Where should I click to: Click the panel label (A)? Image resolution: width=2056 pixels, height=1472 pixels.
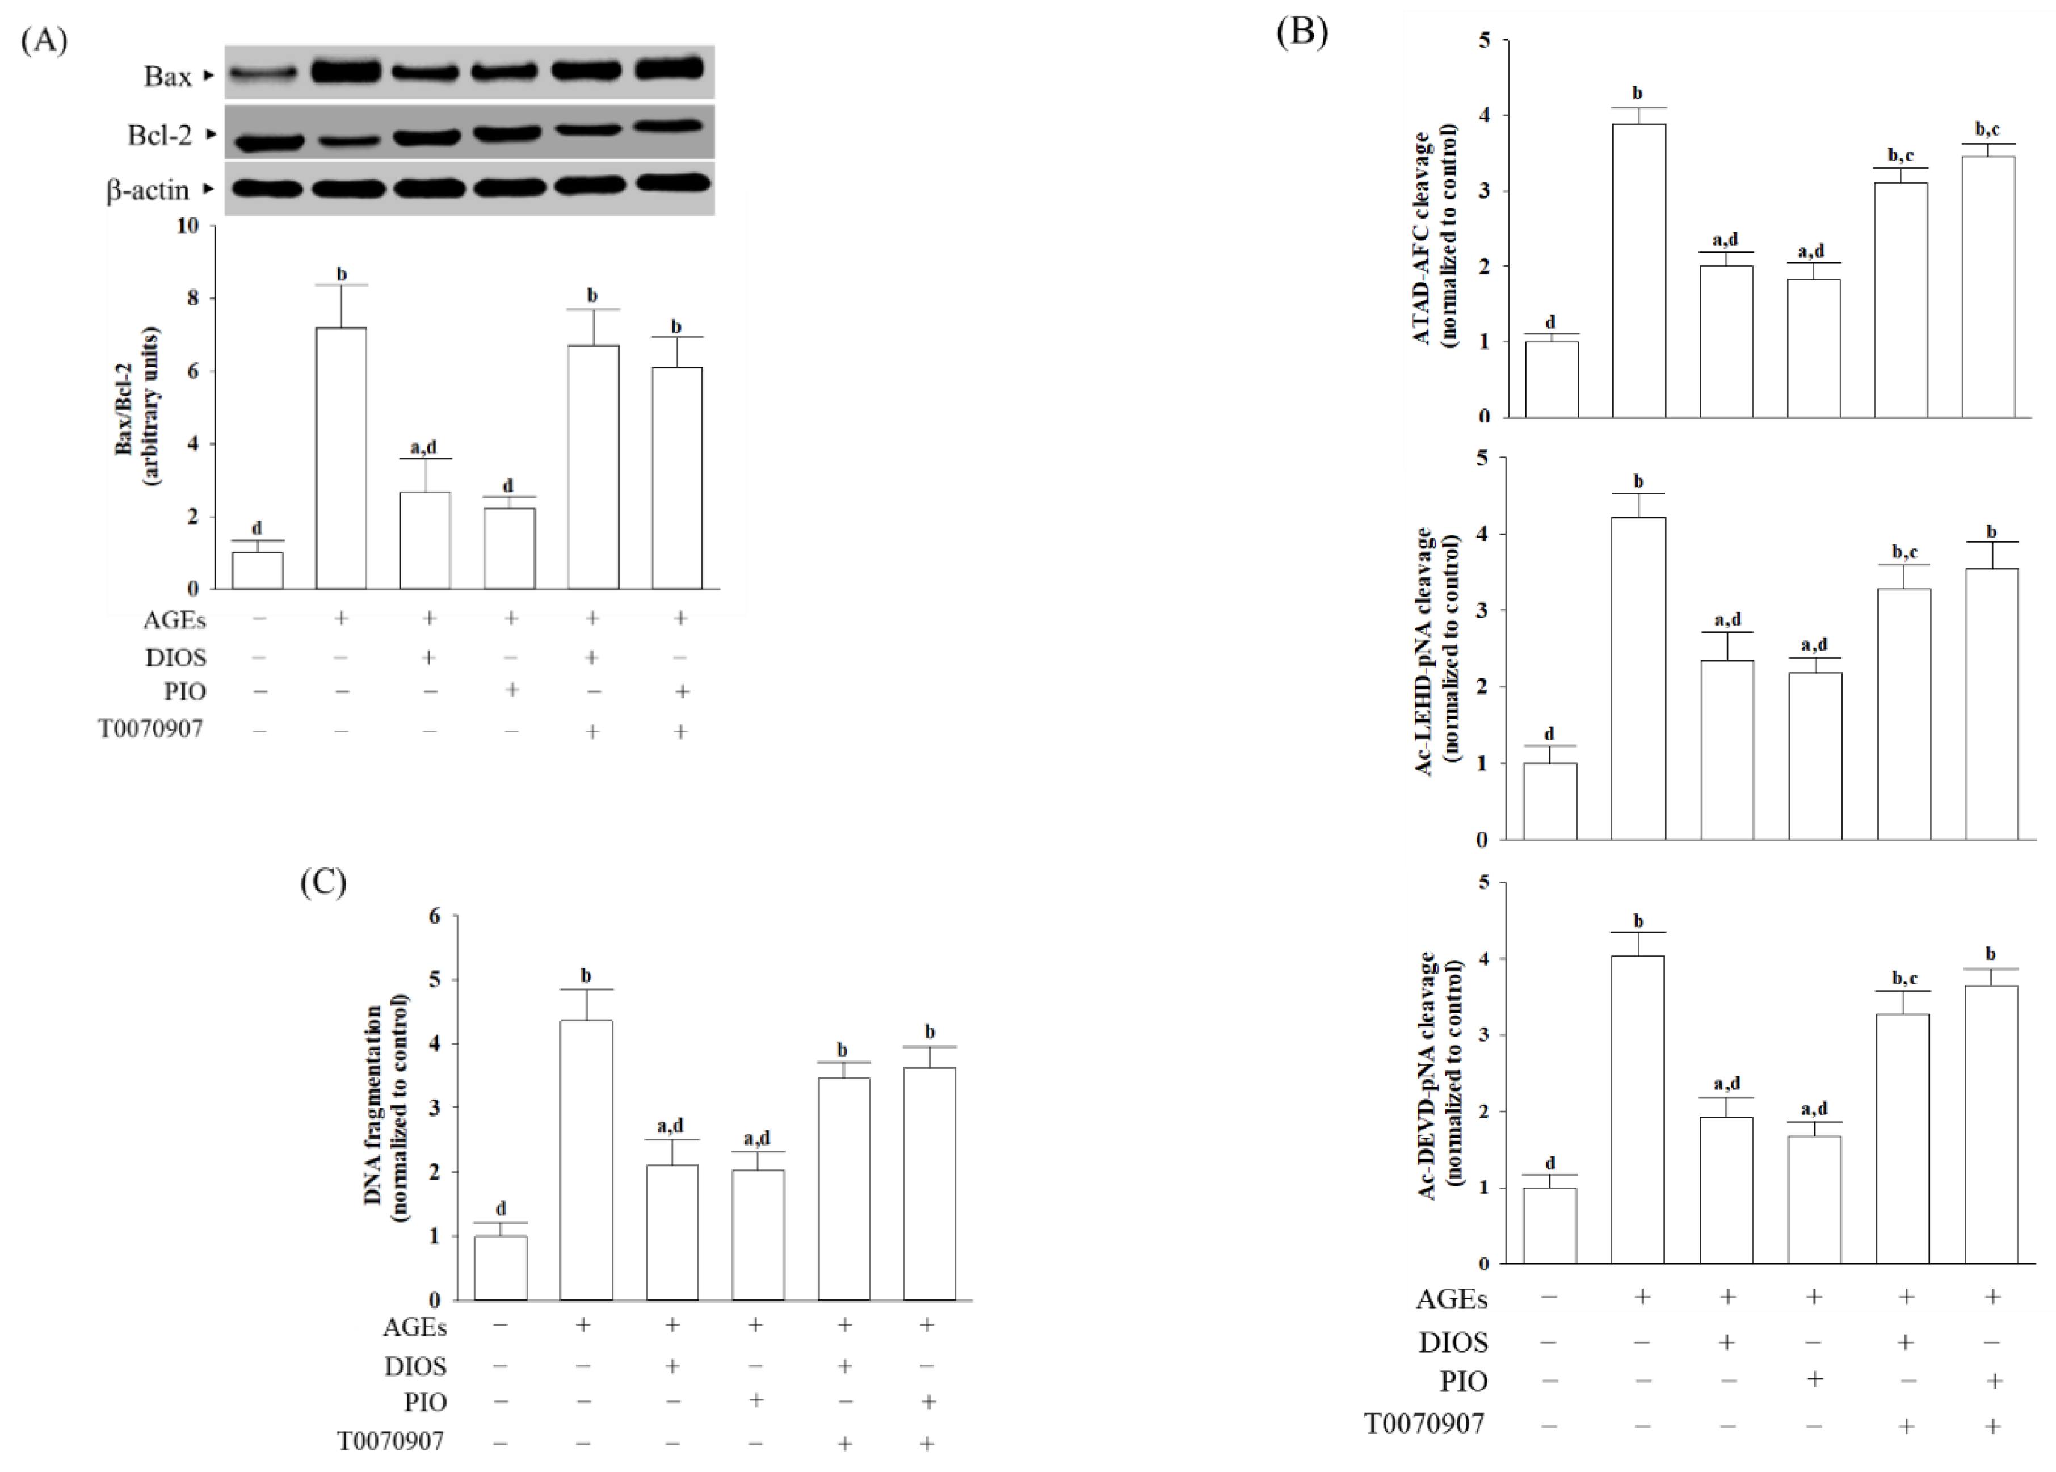(44, 41)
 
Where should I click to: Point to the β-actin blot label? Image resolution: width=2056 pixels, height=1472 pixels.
(148, 190)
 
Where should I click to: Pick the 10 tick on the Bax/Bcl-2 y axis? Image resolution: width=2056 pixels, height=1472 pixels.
(188, 226)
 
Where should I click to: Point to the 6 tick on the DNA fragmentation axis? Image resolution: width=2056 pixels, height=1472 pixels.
(434, 916)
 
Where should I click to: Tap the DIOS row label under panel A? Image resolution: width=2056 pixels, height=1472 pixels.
(176, 657)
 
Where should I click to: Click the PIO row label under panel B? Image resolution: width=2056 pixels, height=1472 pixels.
(1464, 1381)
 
